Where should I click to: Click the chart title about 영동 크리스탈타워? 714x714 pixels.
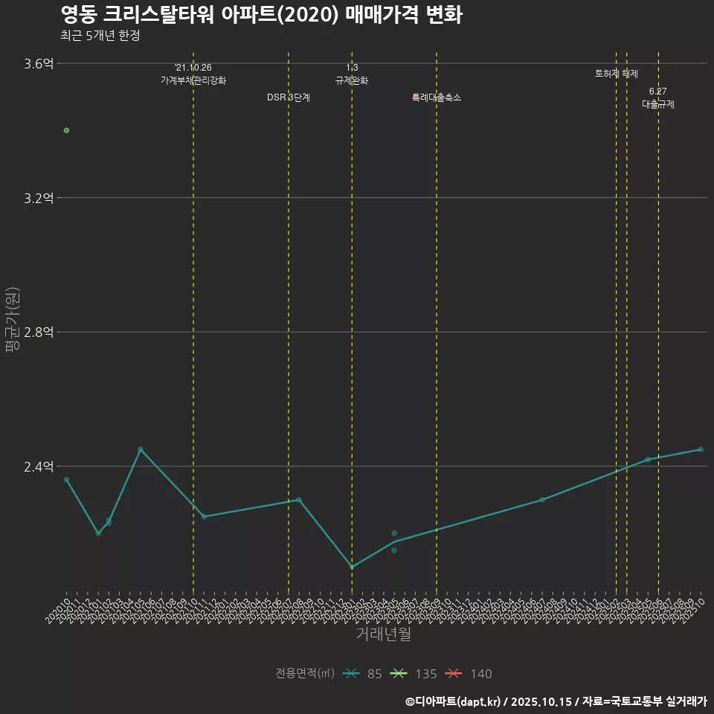coord(261,14)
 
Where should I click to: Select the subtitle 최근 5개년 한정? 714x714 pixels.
coord(100,35)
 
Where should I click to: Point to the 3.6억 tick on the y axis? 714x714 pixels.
coord(39,64)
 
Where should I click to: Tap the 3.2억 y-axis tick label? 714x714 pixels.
coord(39,198)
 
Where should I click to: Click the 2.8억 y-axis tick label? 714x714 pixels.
coord(39,332)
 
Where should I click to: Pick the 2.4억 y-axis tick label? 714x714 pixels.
coord(39,467)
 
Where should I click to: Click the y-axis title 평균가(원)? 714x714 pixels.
coord(12,321)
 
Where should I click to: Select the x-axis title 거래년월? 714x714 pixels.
coord(383,634)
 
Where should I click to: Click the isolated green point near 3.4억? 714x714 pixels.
coord(66,130)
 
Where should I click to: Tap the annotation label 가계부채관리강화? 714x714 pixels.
coord(193,80)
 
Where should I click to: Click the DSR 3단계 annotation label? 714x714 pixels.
coord(289,97)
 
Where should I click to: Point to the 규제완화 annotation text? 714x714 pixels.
coord(352,80)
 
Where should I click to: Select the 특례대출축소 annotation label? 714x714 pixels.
coord(437,97)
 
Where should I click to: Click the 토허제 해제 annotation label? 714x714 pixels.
coord(617,74)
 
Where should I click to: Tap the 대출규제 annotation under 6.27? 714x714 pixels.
coord(658,105)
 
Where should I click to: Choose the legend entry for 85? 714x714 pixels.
coord(364,674)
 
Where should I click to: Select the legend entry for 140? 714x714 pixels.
coord(469,674)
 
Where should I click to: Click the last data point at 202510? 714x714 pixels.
coord(701,449)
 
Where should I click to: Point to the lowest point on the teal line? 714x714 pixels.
coord(352,567)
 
